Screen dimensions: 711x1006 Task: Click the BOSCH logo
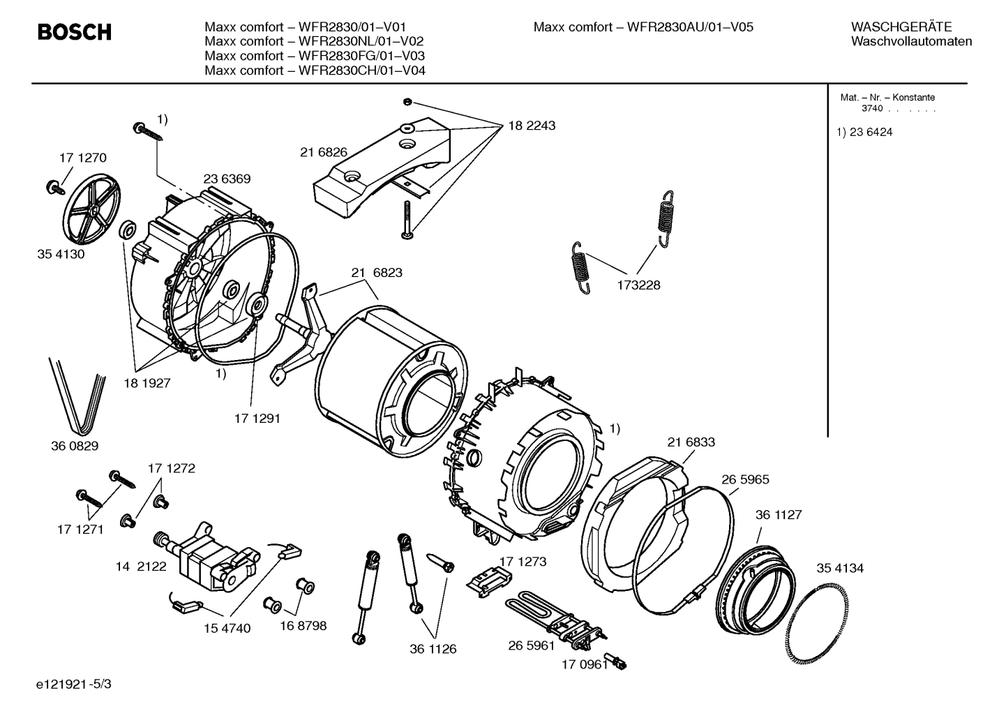tap(74, 32)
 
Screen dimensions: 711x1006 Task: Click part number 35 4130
tap(61, 254)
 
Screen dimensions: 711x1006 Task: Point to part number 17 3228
tap(638, 285)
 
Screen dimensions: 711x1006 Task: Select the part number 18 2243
tap(532, 126)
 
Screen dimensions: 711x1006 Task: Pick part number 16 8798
tap(303, 626)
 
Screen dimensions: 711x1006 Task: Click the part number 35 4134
tap(840, 568)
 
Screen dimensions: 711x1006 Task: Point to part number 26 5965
tap(745, 479)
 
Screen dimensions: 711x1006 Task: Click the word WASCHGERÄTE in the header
tap(901, 27)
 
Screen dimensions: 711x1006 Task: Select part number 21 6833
tap(691, 442)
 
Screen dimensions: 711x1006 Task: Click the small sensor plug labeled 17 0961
tap(617, 662)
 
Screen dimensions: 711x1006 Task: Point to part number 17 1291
tap(257, 419)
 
